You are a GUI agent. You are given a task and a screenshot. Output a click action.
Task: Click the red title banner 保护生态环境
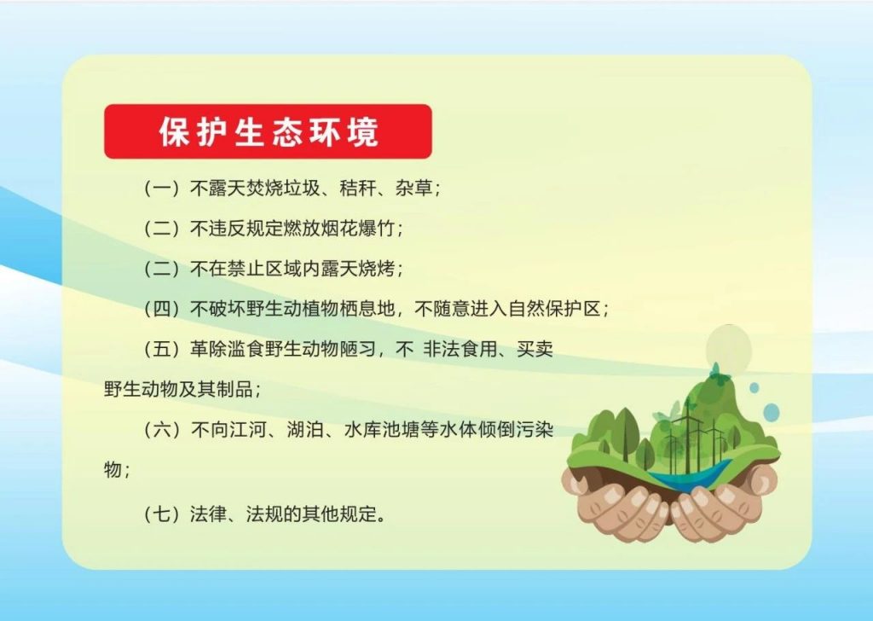pyautogui.click(x=268, y=131)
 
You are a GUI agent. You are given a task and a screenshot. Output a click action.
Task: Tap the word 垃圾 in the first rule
pyautogui.click(x=303, y=189)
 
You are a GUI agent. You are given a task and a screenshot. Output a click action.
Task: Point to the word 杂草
pyautogui.click(x=413, y=189)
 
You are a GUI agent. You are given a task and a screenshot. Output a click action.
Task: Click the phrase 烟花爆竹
pyautogui.click(x=358, y=229)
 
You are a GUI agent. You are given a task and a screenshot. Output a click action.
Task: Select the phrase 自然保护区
pyautogui.click(x=554, y=309)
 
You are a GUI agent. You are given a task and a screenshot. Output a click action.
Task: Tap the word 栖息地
pyautogui.click(x=367, y=309)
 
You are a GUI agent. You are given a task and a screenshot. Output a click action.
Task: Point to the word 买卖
pyautogui.click(x=535, y=349)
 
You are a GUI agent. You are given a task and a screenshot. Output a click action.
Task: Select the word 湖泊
pyautogui.click(x=306, y=430)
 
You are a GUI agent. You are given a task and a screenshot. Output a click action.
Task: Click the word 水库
pyautogui.click(x=362, y=430)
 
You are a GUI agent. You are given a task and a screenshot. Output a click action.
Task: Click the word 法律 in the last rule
pyautogui.click(x=208, y=514)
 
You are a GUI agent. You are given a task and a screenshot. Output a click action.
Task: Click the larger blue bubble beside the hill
pyautogui.click(x=771, y=413)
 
